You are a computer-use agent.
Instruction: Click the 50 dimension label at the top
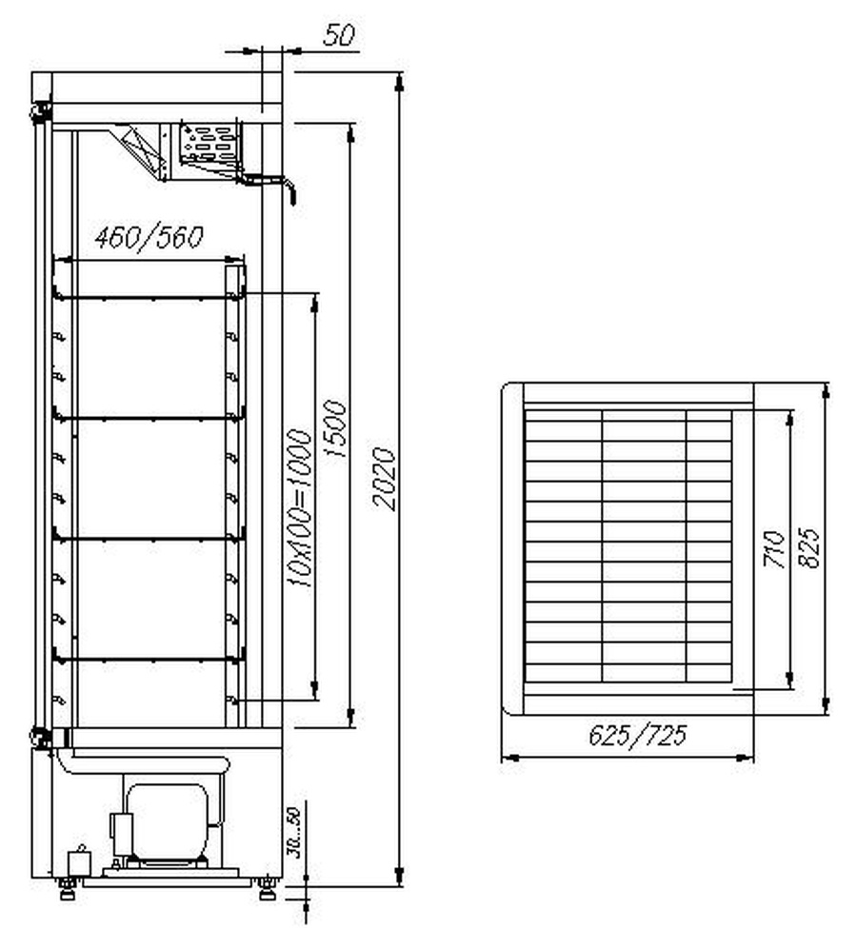[x=339, y=35]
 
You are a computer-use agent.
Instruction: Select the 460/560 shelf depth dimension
[x=149, y=237]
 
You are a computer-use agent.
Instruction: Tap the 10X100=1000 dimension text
[x=298, y=507]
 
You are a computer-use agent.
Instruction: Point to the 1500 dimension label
[x=335, y=428]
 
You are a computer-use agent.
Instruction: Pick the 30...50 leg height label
[x=294, y=833]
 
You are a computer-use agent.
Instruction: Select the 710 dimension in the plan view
[x=774, y=549]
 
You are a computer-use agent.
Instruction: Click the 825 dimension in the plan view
[x=809, y=548]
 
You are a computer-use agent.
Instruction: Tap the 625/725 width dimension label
[x=638, y=735]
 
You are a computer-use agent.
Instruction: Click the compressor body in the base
[x=168, y=820]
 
